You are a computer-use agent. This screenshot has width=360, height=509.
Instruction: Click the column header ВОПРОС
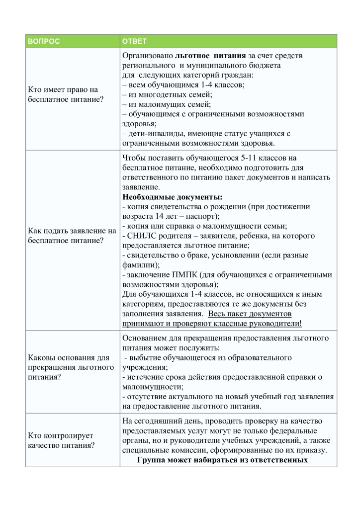pos(43,41)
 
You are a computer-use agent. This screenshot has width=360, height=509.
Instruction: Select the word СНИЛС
pos(142,236)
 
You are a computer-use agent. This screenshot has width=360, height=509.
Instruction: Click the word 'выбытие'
pos(143,357)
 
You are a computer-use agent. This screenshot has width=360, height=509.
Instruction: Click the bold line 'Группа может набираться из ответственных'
pos(222,460)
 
